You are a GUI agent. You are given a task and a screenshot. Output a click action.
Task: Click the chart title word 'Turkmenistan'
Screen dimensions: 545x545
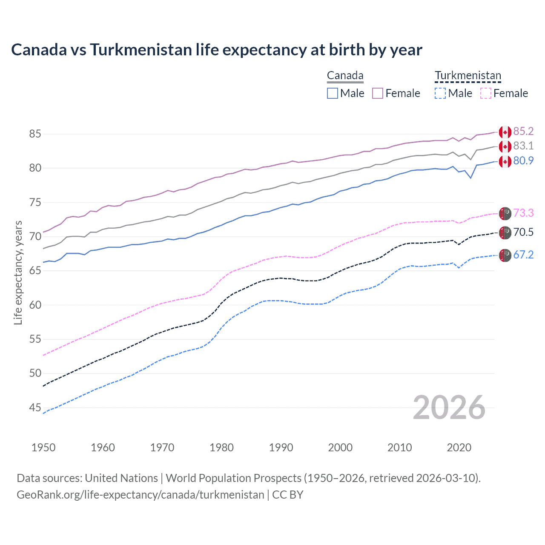pyautogui.click(x=141, y=50)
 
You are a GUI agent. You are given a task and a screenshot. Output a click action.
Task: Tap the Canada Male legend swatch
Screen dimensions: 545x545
pyautogui.click(x=333, y=93)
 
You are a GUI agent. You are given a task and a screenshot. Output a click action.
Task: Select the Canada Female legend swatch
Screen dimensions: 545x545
pyautogui.click(x=378, y=93)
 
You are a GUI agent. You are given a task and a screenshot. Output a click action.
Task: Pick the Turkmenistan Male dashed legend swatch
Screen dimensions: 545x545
pyautogui.click(x=440, y=93)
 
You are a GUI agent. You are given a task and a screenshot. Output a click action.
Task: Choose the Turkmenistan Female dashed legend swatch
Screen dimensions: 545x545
pyautogui.click(x=485, y=93)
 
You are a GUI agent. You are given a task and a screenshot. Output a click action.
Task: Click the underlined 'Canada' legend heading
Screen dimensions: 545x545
pyautogui.click(x=345, y=76)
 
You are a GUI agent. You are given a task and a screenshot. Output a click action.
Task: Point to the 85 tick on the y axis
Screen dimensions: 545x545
pyautogui.click(x=35, y=134)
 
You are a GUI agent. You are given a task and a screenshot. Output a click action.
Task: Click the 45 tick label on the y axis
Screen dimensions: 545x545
pyautogui.click(x=35, y=407)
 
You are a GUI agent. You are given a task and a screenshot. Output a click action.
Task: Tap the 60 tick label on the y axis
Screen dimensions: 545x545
pyautogui.click(x=35, y=305)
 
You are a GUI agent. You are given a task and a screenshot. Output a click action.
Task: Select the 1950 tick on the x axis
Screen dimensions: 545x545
pyautogui.click(x=43, y=447)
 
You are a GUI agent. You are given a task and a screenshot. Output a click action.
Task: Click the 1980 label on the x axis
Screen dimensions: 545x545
pyautogui.click(x=221, y=447)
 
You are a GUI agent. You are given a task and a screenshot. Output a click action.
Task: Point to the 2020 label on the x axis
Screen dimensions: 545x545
pyautogui.click(x=459, y=447)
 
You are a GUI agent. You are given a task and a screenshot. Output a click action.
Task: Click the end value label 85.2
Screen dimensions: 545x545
pyautogui.click(x=523, y=131)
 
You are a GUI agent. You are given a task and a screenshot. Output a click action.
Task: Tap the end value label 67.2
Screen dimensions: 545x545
pyautogui.click(x=523, y=255)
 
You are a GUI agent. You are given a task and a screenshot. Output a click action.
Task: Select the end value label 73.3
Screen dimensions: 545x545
pyautogui.click(x=523, y=213)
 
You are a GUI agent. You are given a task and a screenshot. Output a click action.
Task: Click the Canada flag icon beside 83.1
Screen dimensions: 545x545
pyautogui.click(x=505, y=146)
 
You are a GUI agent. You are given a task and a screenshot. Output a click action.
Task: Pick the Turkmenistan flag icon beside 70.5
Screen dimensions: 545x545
pyautogui.click(x=505, y=232)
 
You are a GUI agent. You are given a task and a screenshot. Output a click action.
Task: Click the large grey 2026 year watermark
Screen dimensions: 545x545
pyautogui.click(x=449, y=407)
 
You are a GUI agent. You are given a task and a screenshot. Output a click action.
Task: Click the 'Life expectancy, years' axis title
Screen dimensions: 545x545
pyautogui.click(x=18, y=272)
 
